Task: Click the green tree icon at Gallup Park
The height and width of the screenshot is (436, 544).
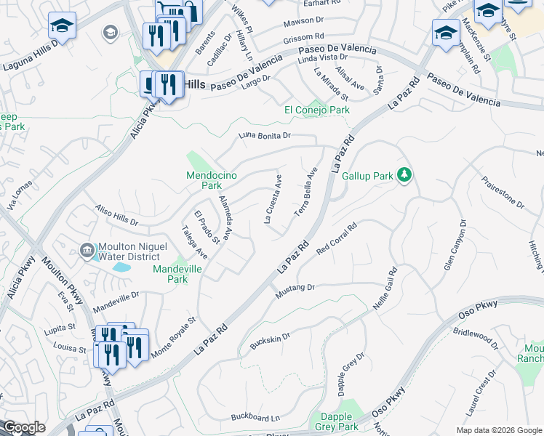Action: click(x=406, y=176)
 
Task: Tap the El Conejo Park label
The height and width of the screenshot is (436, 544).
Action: click(x=316, y=110)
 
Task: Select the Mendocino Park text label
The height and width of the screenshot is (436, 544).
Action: click(x=211, y=180)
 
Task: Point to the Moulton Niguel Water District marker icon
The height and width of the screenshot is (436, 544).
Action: click(x=87, y=251)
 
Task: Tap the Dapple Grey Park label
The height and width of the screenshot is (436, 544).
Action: click(x=337, y=421)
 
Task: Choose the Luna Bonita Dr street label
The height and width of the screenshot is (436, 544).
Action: click(x=265, y=136)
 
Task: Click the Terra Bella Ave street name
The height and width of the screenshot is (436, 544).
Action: click(x=306, y=192)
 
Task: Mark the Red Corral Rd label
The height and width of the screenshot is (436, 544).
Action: click(x=337, y=239)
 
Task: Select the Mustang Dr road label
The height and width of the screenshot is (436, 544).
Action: click(x=295, y=291)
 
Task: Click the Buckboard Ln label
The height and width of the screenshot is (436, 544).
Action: click(x=255, y=417)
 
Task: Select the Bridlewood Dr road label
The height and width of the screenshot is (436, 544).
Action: click(x=473, y=342)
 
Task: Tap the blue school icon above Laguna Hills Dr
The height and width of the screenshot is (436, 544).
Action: click(x=63, y=26)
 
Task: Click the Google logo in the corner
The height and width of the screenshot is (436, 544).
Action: click(x=24, y=428)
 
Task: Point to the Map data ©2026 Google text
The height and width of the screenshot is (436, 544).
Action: click(x=498, y=430)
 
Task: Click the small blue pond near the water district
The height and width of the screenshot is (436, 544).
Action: click(x=121, y=267)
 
